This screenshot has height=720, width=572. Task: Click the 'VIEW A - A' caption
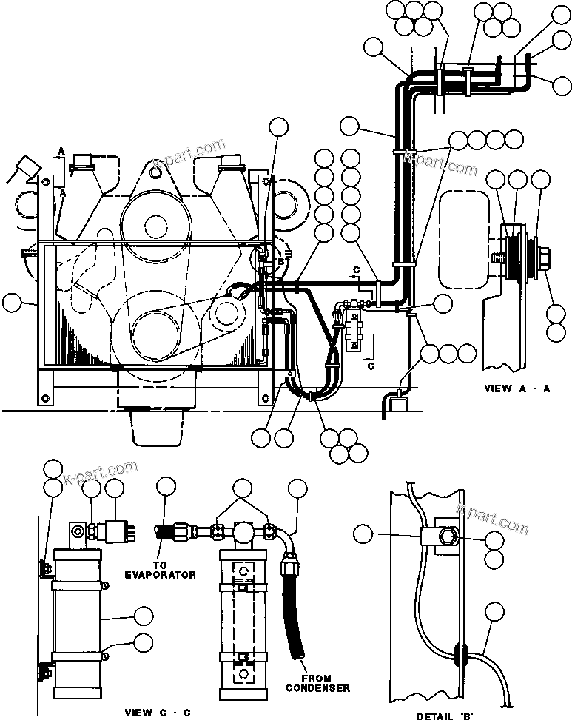[x=517, y=388]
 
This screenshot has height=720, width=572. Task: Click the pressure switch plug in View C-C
[x=118, y=531]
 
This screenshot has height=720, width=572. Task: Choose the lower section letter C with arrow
[x=369, y=364]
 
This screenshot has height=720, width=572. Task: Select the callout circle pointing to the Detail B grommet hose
[x=493, y=611]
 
